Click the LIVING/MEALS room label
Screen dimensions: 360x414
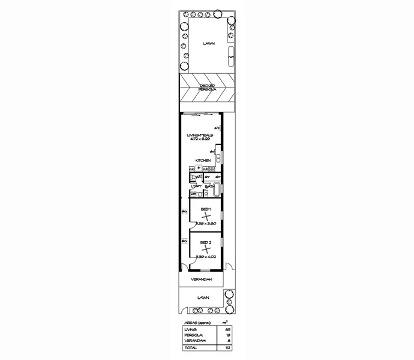click(200, 135)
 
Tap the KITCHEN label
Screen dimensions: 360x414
click(202, 161)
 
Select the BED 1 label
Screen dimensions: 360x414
click(205, 208)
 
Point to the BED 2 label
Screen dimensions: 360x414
click(205, 242)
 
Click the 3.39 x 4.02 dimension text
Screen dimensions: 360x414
click(206, 256)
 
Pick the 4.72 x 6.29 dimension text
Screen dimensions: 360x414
click(200, 140)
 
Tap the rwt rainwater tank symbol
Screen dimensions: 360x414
click(230, 57)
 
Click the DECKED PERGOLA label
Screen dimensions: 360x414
click(207, 87)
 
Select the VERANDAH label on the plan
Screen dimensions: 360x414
click(200, 280)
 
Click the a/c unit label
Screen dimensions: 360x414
click(220, 127)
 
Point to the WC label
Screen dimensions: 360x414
click(199, 177)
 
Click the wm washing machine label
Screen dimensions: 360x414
click(193, 193)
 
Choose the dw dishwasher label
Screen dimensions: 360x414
click(212, 152)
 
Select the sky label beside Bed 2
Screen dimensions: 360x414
click(184, 241)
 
